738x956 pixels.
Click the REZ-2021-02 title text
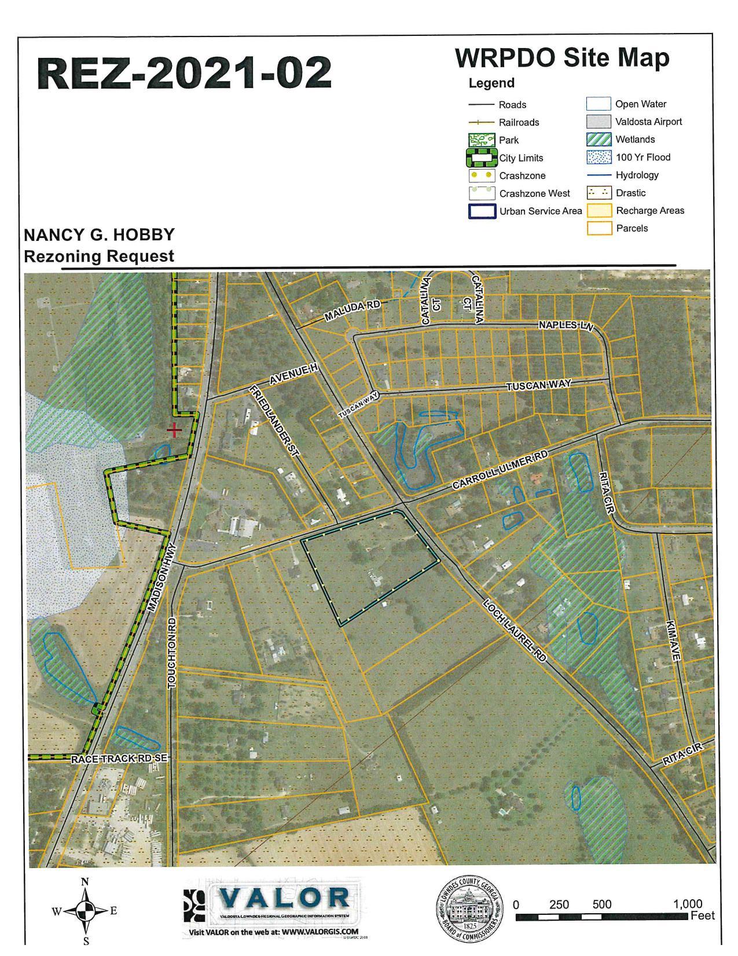[185, 74]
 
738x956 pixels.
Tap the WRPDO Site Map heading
[562, 58]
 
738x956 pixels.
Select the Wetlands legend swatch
[599, 140]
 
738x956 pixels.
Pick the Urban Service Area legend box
[482, 211]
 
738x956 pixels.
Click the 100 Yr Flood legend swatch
[599, 157]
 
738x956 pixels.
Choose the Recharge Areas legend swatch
[599, 211]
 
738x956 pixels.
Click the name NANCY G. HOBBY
[99, 235]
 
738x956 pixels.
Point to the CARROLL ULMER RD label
[500, 470]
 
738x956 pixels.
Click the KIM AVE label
[672, 641]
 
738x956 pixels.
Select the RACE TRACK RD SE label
[119, 759]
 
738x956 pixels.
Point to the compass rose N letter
[85, 882]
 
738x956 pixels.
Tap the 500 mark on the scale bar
[601, 904]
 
